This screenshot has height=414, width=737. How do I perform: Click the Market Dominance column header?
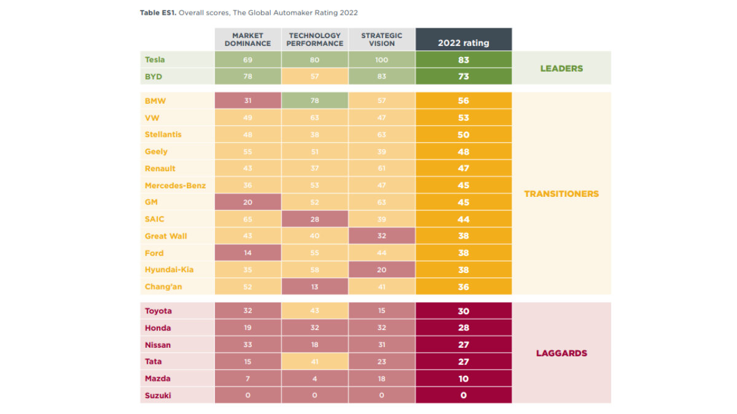click(x=248, y=40)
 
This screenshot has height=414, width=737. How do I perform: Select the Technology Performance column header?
click(x=314, y=40)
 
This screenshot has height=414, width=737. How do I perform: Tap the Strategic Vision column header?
click(x=381, y=40)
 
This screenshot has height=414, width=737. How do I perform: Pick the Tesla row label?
click(x=155, y=60)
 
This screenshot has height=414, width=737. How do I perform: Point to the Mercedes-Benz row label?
click(x=175, y=185)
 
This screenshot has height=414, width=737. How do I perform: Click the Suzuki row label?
click(x=158, y=396)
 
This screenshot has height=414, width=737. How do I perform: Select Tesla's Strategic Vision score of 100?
click(x=381, y=60)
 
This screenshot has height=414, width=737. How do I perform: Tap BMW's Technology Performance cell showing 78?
click(x=314, y=101)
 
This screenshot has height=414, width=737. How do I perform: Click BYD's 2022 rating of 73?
click(x=463, y=77)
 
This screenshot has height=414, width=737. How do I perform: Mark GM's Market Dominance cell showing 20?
click(x=248, y=202)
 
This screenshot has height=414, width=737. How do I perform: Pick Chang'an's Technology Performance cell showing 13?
click(x=314, y=287)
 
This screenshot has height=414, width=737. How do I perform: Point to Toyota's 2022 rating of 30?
click(x=463, y=311)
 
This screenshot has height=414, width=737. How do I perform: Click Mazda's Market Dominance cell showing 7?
click(x=248, y=378)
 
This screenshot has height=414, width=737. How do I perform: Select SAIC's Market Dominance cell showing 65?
click(x=248, y=219)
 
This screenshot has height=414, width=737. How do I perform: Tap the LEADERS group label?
click(x=561, y=68)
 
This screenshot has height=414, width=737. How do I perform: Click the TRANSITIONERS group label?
click(x=561, y=194)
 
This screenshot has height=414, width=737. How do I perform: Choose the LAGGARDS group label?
click(x=561, y=353)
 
